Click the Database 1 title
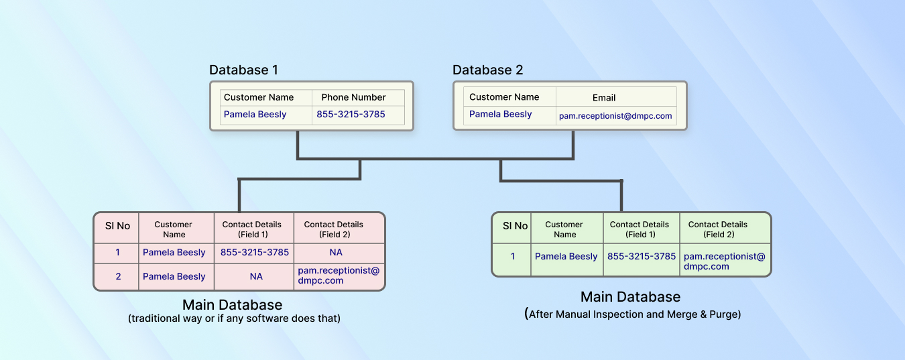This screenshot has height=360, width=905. pos(243,70)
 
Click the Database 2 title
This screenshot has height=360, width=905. pos(487,70)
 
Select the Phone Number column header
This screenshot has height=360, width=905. pos(353,97)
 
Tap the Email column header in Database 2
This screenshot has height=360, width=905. pos(604,98)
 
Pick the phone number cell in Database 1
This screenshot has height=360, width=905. pos(351,115)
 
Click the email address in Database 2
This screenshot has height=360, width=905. pos(615,116)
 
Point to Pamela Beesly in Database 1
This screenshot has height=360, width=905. pos(255,115)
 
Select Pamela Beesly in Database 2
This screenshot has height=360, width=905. pos(500,115)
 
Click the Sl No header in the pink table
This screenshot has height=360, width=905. pos(117,226)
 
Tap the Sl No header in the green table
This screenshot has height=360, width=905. pos(515,226)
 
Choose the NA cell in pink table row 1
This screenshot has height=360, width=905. pos(336,253)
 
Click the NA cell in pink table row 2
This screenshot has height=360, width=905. pos(256,276)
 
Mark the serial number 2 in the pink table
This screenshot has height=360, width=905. pos(118,276)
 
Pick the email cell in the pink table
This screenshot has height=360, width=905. pos(339,275)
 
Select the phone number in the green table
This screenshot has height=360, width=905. pos(642,256)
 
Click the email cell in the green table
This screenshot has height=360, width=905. pos(725,261)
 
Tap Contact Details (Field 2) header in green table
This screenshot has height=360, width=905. pos(718,229)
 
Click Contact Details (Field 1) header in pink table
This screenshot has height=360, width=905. pos(251,229)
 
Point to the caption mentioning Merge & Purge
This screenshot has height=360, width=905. pos(633,314)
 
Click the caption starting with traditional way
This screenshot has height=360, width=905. pos(235,318)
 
